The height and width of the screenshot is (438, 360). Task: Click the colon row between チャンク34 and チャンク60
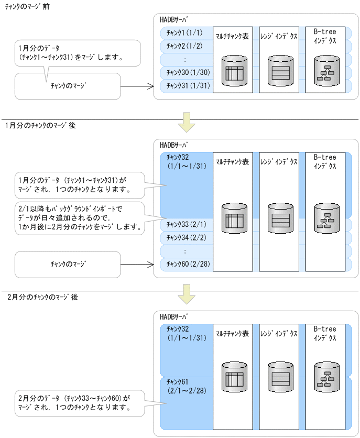point(184,251)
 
